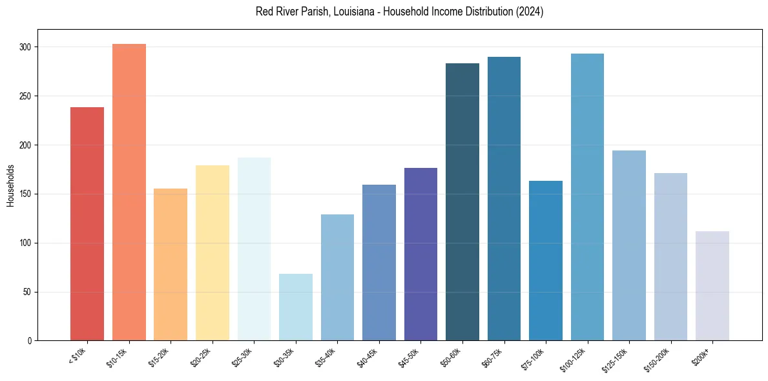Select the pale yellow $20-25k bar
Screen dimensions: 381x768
click(212, 252)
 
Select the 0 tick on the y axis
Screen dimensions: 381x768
click(30, 340)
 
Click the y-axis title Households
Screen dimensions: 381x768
click(11, 185)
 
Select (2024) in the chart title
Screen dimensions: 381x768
click(528, 12)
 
